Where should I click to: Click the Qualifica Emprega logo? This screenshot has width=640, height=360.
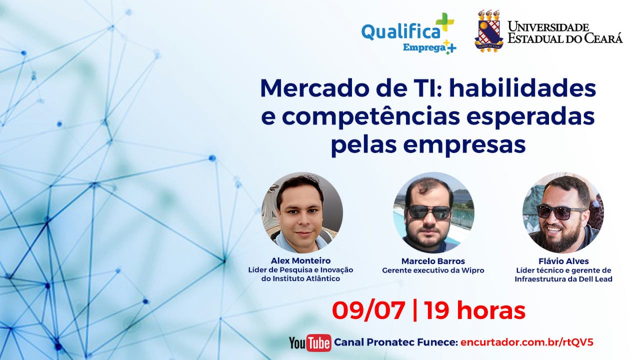point(408,33)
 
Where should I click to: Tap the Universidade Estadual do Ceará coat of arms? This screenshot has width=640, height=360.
point(489,31)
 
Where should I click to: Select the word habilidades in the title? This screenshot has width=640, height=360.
point(522,88)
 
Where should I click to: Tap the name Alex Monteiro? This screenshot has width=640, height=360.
point(301,260)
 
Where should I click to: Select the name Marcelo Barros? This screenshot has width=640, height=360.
point(433,261)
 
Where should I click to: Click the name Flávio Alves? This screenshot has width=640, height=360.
point(563,261)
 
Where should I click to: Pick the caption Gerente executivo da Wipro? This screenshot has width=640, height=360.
point(433,270)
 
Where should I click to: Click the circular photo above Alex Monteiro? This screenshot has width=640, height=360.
point(302,212)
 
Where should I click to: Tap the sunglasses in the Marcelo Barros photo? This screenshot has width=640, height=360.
point(429,212)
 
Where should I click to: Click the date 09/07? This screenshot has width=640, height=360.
point(368,310)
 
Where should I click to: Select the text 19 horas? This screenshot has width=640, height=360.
point(474,310)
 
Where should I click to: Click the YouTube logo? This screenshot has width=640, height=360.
point(310,342)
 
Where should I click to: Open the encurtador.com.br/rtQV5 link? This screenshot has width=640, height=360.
point(527,342)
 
